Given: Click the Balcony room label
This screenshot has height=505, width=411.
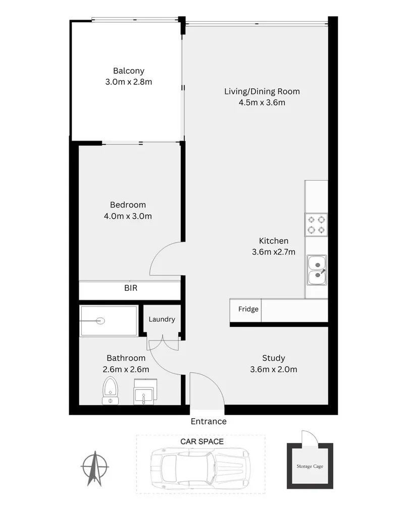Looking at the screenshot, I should click(128, 71).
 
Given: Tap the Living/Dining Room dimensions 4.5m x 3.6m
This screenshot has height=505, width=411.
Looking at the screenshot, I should click(262, 103).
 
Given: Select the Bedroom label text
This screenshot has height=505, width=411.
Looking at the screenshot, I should click(128, 205).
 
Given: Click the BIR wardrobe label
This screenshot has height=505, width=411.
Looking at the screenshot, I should click(131, 289).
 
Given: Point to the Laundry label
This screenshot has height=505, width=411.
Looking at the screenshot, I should click(162, 319).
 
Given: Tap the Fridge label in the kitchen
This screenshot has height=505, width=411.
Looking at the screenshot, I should click(248, 309).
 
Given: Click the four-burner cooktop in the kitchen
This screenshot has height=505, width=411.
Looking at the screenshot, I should click(316, 225).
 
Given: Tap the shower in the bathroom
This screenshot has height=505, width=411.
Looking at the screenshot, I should click(109, 321).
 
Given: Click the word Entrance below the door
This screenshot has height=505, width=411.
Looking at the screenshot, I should click(209, 421).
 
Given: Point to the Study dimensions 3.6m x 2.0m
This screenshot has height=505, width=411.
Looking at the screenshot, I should click(273, 369).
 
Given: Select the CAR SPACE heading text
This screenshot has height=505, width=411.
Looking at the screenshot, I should click(202, 441).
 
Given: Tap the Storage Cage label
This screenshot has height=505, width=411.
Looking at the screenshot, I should click(310, 466).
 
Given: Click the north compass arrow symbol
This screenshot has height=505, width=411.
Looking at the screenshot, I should click(94, 466).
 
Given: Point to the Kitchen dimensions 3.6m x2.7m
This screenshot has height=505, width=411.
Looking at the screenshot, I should click(274, 252).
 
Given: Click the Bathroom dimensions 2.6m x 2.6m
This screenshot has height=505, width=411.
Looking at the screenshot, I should click(126, 369).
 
